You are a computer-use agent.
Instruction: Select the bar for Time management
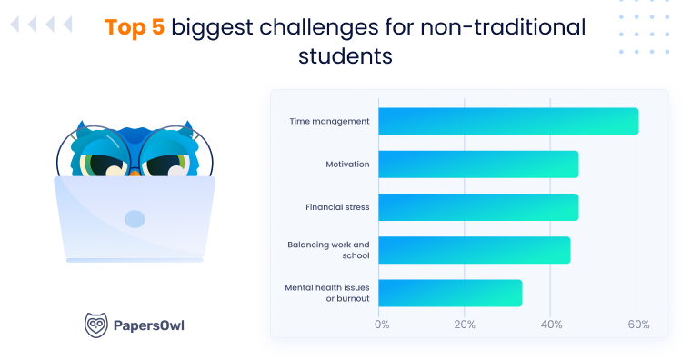507,121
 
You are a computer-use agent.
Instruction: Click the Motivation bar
477,164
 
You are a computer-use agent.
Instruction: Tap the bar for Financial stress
477,207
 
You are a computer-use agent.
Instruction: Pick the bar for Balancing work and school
474,250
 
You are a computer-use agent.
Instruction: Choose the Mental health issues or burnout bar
449,293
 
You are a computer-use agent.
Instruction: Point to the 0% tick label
382,325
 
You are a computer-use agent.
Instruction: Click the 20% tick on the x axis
465,325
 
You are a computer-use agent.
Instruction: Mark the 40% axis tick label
550,325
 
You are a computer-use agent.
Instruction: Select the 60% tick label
636,325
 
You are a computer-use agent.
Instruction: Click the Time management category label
329,121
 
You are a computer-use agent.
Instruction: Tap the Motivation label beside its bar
347,164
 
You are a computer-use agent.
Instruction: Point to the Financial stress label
337,207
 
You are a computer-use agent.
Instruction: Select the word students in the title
345,56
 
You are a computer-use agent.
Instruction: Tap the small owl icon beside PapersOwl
95,325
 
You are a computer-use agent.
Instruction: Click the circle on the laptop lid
135,218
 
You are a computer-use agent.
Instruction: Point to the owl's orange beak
135,169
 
